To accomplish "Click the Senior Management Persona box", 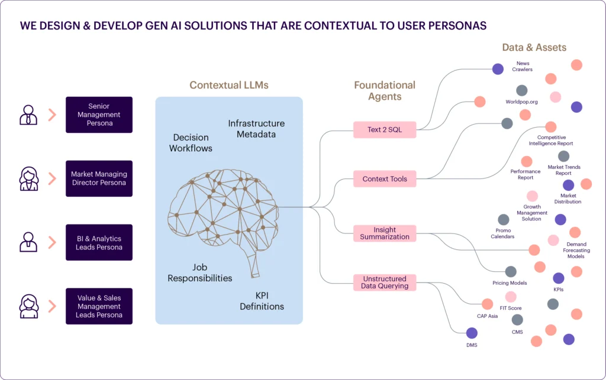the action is pyautogui.click(x=99, y=115).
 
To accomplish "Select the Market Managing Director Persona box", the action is pyautogui.click(x=99, y=178).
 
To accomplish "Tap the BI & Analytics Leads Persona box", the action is pyautogui.click(x=99, y=242).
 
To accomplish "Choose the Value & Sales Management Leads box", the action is pyautogui.click(x=99, y=306).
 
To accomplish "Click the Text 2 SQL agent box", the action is pyautogui.click(x=385, y=129).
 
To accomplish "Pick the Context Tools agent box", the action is pyautogui.click(x=385, y=178).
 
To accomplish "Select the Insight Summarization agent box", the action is pyautogui.click(x=385, y=233).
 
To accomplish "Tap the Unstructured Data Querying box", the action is pyautogui.click(x=385, y=282).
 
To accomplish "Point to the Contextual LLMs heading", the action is pyautogui.click(x=229, y=85).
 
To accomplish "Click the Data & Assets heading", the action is pyautogui.click(x=534, y=47).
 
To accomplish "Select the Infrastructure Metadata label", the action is pyautogui.click(x=256, y=129).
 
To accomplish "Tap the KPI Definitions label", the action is pyautogui.click(x=262, y=301).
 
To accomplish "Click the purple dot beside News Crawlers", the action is pyautogui.click(x=498, y=69).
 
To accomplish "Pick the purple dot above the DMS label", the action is pyautogui.click(x=472, y=333).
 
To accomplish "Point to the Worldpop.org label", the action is pyautogui.click(x=522, y=102).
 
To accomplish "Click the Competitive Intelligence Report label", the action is pyautogui.click(x=551, y=141).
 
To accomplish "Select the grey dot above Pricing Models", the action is pyautogui.click(x=511, y=272).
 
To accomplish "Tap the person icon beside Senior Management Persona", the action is pyautogui.click(x=28, y=115).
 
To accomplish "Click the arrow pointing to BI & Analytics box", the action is pyautogui.click(x=52, y=242).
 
